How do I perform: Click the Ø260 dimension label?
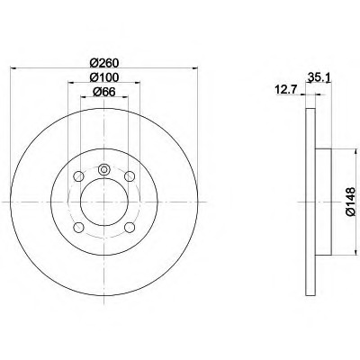tap(104, 63)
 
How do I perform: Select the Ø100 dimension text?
tap(104, 77)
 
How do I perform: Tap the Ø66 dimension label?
tap(104, 92)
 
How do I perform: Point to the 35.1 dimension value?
tap(319, 78)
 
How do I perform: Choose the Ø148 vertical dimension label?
tap(351, 202)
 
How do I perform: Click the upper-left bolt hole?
tap(78, 176)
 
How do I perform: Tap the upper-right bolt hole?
tap(130, 176)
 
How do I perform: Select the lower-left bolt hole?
tap(78, 228)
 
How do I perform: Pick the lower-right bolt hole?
tap(130, 228)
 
